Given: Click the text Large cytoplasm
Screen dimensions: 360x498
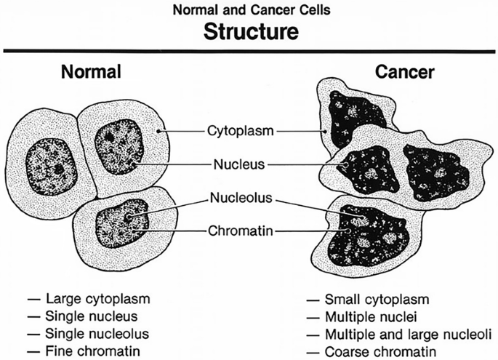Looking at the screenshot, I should pyautogui.click(x=100, y=300).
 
